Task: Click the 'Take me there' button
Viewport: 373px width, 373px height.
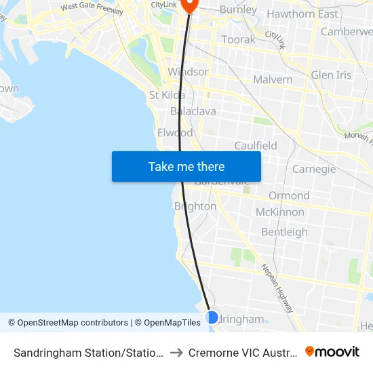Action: tap(186, 166)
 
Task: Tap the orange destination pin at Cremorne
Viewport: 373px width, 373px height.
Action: tap(189, 4)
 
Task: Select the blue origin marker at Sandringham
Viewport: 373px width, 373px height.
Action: tap(212, 317)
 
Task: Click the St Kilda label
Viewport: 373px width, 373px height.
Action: tap(167, 95)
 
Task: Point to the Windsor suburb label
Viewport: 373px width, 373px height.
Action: tap(188, 72)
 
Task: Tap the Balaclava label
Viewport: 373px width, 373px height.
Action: tap(193, 111)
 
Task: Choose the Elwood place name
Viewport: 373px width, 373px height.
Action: tap(175, 132)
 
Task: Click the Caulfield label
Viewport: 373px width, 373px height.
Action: tap(256, 146)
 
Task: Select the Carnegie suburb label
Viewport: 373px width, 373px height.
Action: tap(314, 169)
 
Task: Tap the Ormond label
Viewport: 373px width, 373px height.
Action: tap(289, 195)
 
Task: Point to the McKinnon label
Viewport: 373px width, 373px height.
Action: tap(280, 212)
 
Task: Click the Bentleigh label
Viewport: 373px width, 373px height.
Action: tap(284, 232)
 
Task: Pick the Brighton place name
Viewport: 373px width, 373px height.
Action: tap(195, 206)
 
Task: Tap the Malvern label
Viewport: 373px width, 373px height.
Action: tap(273, 79)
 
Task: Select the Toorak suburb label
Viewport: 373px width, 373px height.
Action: tap(239, 39)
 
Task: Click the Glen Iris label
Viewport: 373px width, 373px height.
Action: tap(332, 75)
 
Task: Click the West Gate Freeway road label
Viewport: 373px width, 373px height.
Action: tap(92, 9)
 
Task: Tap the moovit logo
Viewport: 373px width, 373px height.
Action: tap(332, 352)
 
